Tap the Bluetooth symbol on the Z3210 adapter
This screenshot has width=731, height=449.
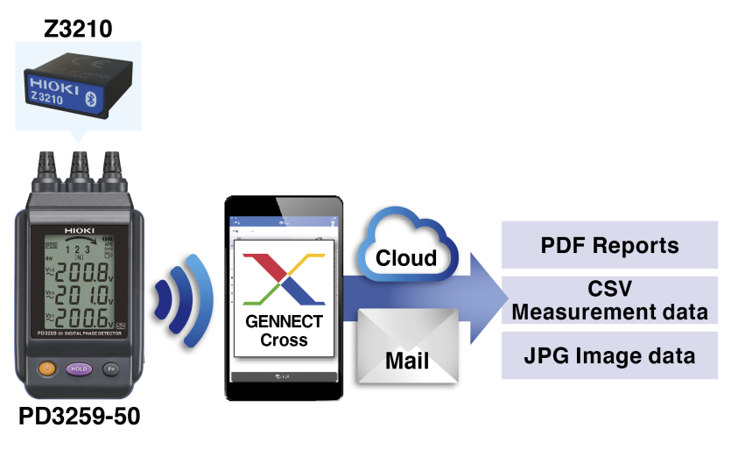(x=113, y=95)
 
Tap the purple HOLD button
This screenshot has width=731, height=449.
(x=80, y=368)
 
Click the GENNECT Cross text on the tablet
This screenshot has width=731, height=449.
(x=283, y=331)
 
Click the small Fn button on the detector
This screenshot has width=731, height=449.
(x=109, y=368)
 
